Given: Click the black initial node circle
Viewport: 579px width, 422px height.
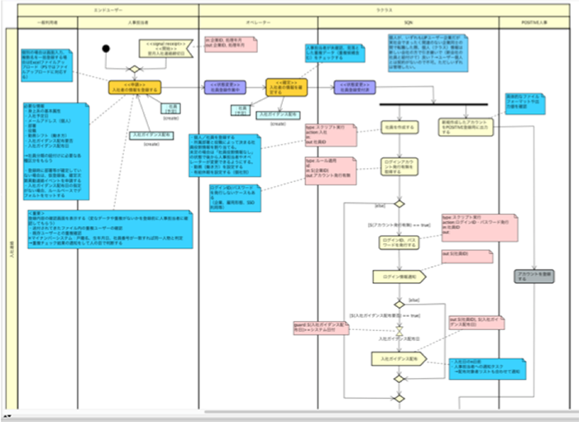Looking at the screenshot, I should [x=106, y=47].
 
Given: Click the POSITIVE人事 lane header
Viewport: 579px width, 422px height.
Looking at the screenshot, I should [x=531, y=23].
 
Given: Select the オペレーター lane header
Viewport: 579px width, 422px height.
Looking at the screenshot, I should [x=257, y=23].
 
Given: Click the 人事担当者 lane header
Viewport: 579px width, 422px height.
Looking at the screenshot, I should [x=138, y=23].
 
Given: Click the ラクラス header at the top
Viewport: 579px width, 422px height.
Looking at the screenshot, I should [x=387, y=7].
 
